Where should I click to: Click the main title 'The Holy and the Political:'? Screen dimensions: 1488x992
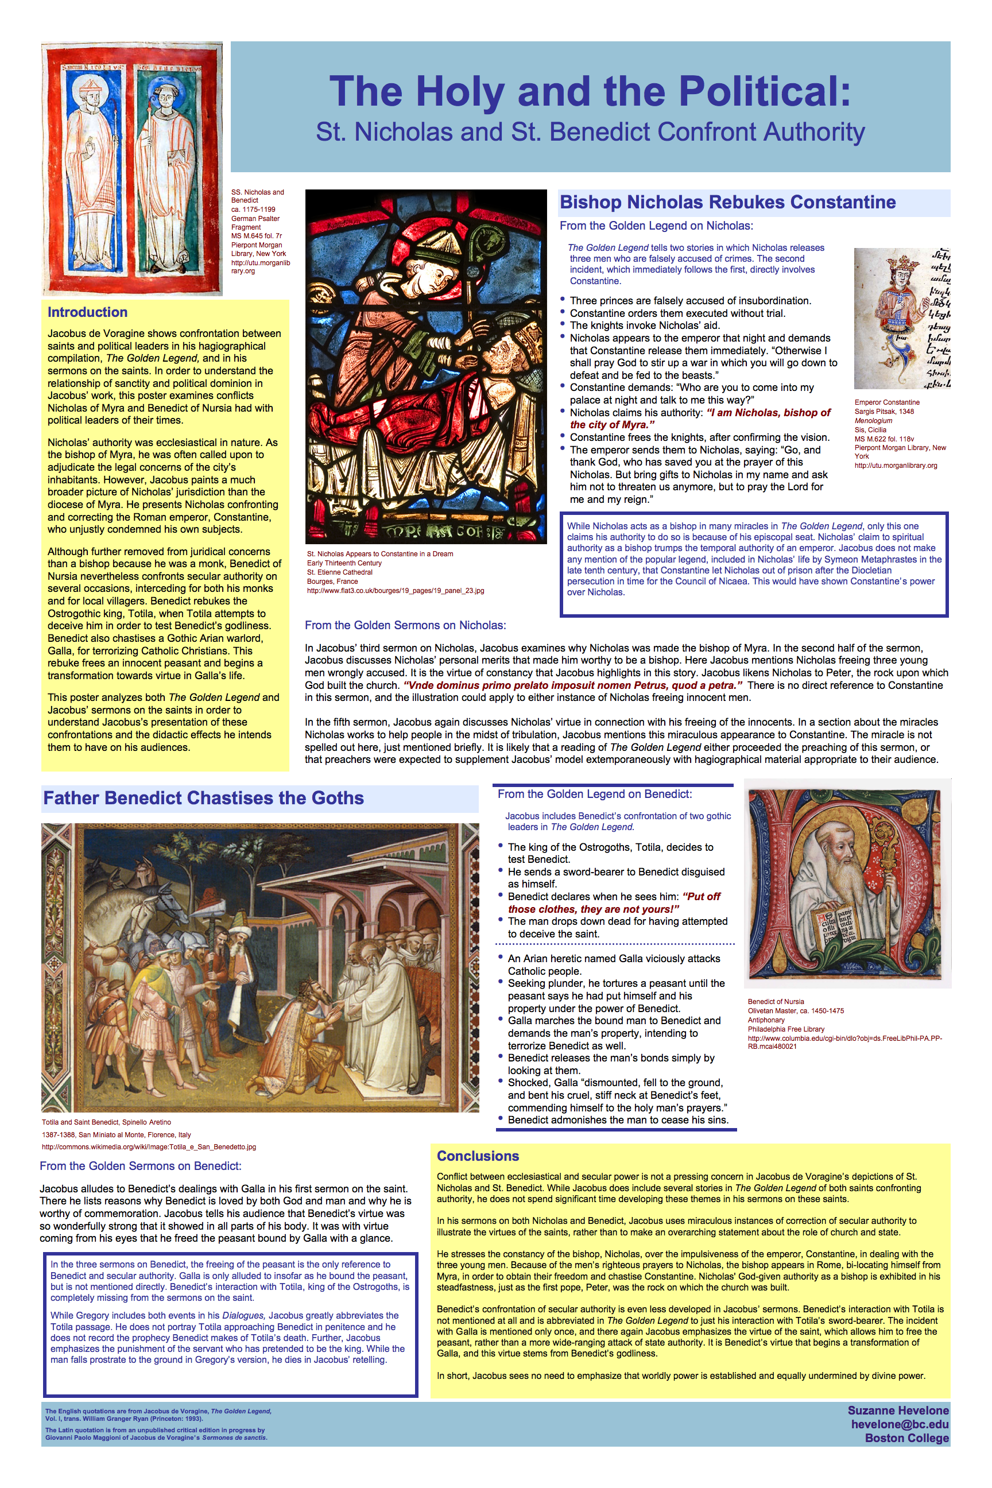tap(590, 92)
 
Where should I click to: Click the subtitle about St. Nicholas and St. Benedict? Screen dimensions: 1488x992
tap(590, 132)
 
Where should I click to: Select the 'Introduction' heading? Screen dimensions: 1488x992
tap(87, 312)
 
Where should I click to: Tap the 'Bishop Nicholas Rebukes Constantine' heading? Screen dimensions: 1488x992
tap(727, 203)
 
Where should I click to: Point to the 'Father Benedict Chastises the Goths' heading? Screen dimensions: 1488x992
tap(203, 798)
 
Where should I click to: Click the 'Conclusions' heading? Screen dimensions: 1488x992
tap(478, 1156)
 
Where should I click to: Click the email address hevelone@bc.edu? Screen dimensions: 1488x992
tap(899, 1424)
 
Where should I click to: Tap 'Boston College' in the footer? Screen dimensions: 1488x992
tap(906, 1438)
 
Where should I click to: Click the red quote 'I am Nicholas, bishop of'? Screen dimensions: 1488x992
tap(768, 413)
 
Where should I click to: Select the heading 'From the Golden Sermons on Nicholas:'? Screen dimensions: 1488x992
tap(405, 626)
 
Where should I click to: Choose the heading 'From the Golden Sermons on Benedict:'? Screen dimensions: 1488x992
tap(141, 1166)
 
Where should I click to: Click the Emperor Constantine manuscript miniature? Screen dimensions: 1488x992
tap(901, 318)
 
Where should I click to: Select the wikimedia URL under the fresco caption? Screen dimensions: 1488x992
tap(149, 1146)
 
